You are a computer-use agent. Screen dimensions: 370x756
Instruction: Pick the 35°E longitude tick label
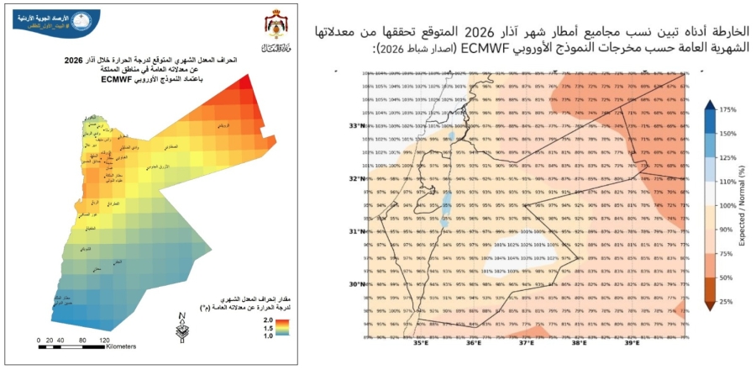pos(421,343)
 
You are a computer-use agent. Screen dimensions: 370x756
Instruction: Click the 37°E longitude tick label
pos(527,343)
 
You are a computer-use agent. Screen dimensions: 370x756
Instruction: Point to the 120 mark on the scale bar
pos(105,340)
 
